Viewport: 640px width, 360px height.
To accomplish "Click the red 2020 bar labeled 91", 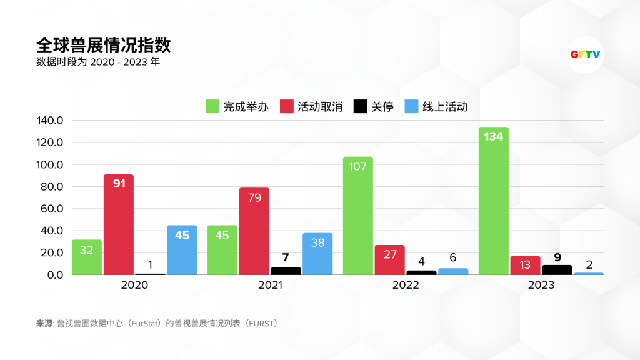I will [x=119, y=225].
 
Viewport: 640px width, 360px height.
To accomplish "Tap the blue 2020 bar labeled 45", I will [x=182, y=250].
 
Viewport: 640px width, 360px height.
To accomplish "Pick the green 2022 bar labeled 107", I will [x=358, y=216].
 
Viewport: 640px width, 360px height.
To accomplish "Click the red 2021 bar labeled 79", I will [x=254, y=231].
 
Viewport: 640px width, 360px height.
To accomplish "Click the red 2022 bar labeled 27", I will [x=390, y=260].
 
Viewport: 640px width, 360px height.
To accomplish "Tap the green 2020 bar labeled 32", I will [x=87, y=257].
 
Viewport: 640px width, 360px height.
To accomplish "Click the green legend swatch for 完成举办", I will [x=212, y=106].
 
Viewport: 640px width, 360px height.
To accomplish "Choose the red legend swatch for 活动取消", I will [x=287, y=106].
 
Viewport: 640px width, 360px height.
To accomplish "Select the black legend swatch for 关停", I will [x=361, y=106].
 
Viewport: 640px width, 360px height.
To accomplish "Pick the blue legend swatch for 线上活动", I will [x=412, y=106].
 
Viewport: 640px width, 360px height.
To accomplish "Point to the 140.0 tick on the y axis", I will [x=51, y=121].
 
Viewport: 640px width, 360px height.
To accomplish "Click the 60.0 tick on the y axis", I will [x=52, y=209].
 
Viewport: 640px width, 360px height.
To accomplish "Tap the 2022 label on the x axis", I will [x=406, y=286].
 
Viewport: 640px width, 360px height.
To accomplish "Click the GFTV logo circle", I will [x=586, y=54].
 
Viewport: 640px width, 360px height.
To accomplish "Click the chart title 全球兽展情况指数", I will [x=104, y=46].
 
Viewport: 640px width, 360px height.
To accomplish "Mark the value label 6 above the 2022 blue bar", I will [x=453, y=257].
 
